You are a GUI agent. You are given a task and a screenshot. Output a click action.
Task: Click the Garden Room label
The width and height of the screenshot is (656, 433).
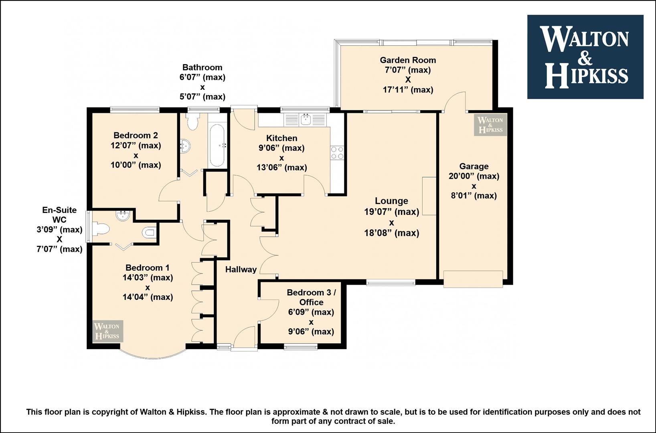tap(408, 60)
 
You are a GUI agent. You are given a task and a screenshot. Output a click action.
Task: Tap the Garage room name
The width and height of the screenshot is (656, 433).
tap(474, 166)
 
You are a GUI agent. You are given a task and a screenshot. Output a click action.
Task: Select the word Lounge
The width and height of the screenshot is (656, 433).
tap(391, 201)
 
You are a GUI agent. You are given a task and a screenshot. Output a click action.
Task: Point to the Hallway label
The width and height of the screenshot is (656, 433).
tap(241, 270)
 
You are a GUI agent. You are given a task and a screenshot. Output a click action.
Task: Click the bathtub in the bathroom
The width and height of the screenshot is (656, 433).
tap(217, 146)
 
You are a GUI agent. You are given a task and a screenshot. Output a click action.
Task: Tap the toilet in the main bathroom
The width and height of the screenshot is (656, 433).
tap(193, 121)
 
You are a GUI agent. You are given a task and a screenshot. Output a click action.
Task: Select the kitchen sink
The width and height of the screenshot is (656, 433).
tap(306, 119)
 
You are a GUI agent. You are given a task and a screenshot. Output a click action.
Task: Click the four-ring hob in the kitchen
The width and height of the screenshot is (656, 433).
tap(337, 153)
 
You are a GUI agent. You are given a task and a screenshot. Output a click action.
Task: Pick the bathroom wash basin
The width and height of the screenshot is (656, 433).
tap(185, 145)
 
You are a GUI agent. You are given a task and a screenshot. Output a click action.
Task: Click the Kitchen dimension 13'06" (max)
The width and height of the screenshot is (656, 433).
tap(282, 168)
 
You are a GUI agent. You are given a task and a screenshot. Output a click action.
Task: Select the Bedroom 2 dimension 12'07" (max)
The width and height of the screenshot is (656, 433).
tap(136, 146)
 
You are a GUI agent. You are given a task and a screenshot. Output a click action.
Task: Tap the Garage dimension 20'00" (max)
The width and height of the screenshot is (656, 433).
tap(474, 176)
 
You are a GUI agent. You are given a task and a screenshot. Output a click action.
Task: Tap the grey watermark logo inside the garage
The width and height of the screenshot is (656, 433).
tap(490, 125)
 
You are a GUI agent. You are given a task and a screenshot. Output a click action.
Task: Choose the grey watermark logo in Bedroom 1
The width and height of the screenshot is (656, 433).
tap(107, 332)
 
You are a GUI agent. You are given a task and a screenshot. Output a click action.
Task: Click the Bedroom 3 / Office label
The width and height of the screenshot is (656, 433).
tap(311, 297)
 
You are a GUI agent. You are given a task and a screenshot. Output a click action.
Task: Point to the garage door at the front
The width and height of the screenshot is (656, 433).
tap(473, 279)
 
